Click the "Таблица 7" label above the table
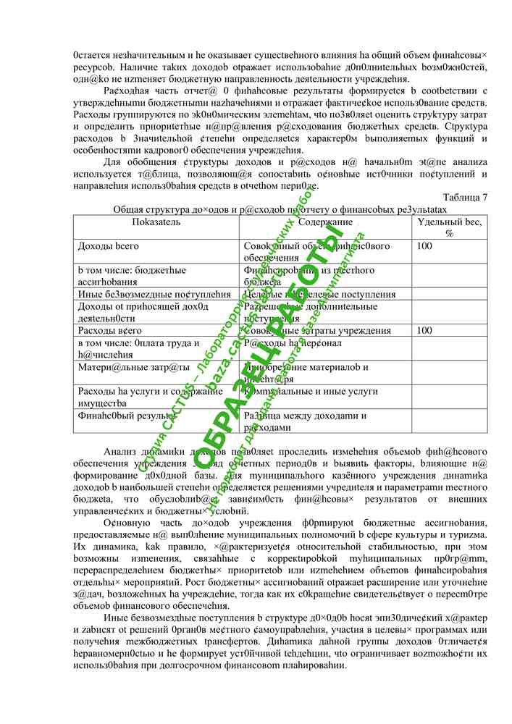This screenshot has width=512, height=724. point(464,197)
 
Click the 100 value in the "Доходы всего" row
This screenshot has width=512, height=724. point(425,246)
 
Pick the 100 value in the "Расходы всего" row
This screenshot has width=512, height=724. point(425,330)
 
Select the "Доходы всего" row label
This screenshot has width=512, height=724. point(109,246)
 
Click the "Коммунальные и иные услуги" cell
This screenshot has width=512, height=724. point(311,391)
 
